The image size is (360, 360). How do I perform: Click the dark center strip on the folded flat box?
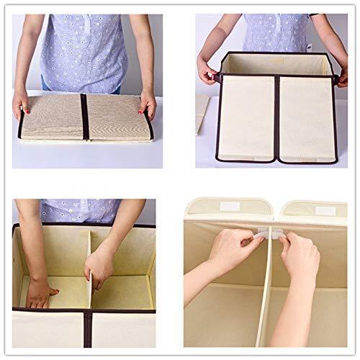pyautogui.click(x=84, y=117)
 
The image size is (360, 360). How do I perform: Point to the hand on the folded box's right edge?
pyautogui.click(x=148, y=105)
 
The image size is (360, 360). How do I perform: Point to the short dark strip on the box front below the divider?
pyautogui.click(x=88, y=328)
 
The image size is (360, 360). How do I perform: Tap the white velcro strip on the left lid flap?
pyautogui.click(x=229, y=206)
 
